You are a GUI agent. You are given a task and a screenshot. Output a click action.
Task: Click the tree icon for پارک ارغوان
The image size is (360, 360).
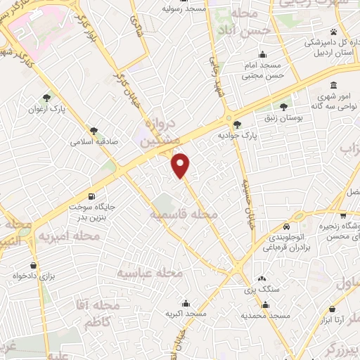47,98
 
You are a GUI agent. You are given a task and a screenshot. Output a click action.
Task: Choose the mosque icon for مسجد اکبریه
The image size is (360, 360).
186,302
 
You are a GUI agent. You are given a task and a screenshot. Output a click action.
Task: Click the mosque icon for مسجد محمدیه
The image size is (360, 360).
266,304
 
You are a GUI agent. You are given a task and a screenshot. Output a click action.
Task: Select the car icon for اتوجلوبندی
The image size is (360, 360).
287,227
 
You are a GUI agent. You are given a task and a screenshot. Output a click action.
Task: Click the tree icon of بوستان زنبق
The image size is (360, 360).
283,107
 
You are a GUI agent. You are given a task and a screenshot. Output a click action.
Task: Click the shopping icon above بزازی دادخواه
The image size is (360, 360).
34,265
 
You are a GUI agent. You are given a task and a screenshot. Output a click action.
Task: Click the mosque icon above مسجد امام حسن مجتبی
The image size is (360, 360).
263,55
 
